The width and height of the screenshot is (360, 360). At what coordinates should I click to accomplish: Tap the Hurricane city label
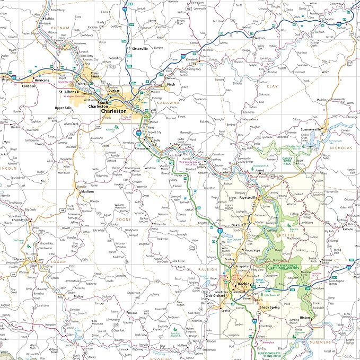click(x=42, y=81)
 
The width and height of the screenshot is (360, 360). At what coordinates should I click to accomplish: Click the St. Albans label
click(x=68, y=92)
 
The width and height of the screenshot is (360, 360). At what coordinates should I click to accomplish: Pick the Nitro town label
click(x=81, y=84)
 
